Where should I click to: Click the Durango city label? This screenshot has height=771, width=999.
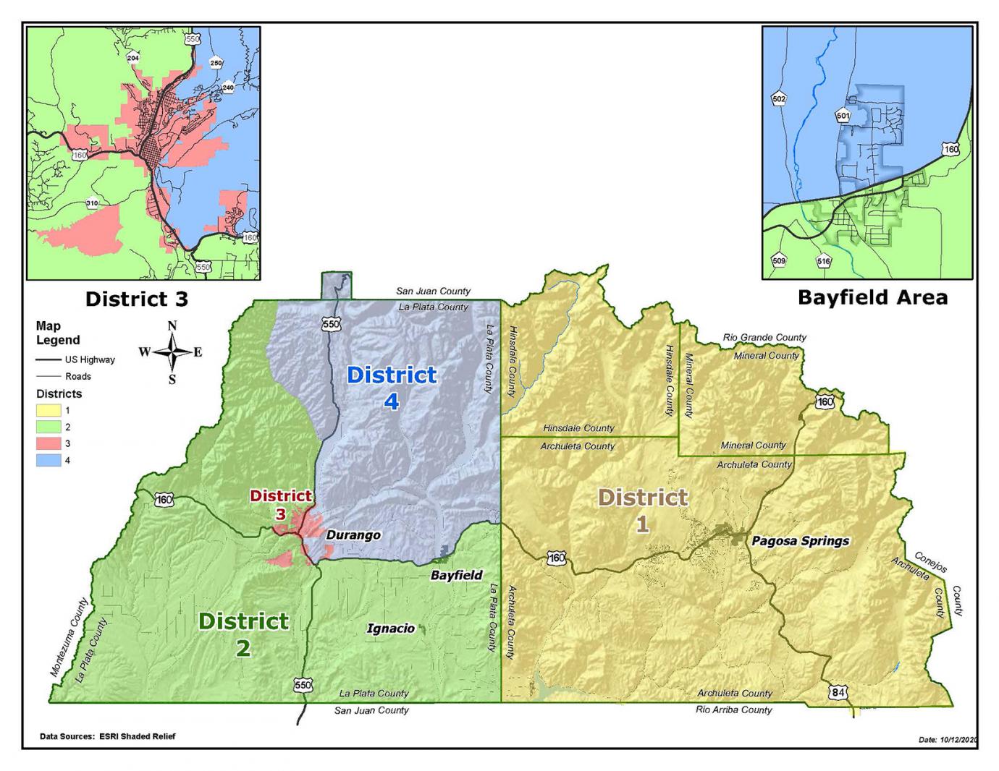(x=353, y=535)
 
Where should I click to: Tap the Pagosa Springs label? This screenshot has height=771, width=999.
(x=800, y=540)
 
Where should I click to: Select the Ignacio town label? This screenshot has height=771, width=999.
(x=390, y=629)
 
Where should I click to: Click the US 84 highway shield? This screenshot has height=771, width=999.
(x=838, y=693)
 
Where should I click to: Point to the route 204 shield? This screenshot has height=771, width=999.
(x=132, y=58)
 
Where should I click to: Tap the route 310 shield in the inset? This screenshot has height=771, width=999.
(x=92, y=203)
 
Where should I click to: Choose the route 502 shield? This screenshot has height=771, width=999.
(x=779, y=99)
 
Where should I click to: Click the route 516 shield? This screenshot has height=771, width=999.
(x=823, y=261)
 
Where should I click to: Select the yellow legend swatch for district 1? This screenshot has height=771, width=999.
(x=49, y=411)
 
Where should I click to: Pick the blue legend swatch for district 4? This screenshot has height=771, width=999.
(x=49, y=460)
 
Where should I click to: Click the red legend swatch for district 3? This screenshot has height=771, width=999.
(x=49, y=443)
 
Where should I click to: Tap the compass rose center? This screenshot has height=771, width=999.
(x=172, y=352)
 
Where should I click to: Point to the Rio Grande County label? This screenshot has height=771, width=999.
(x=764, y=337)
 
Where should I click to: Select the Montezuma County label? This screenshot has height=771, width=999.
(x=69, y=637)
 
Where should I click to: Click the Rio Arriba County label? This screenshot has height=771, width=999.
(x=734, y=710)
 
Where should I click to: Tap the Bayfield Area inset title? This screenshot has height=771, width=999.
(x=872, y=297)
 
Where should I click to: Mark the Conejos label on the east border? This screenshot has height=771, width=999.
(x=930, y=562)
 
